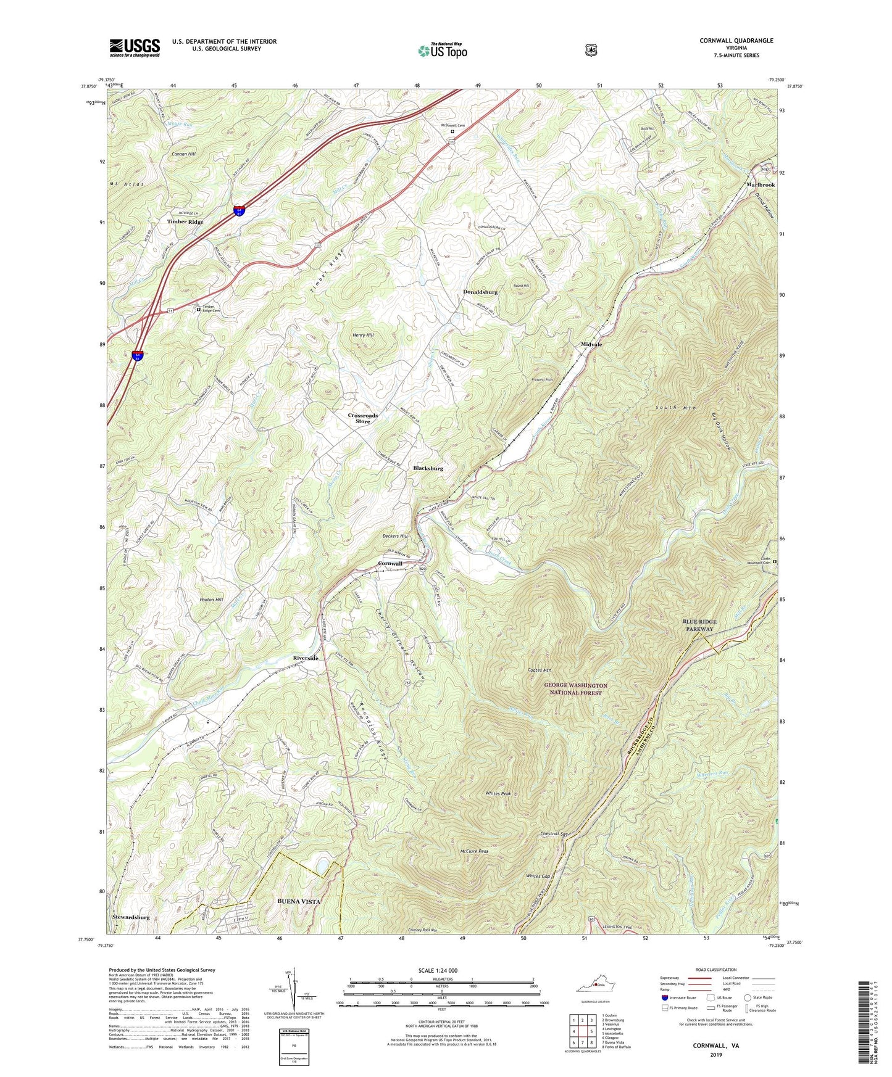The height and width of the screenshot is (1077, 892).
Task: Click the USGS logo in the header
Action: [x=135, y=47]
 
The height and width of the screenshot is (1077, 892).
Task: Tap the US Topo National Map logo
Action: [x=442, y=50]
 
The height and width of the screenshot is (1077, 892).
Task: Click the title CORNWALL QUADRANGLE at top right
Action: [x=736, y=41]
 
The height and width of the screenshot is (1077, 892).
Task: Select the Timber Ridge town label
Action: [x=185, y=221]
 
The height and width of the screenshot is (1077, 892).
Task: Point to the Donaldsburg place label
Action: [x=480, y=292]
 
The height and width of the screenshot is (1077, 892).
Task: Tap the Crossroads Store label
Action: [x=362, y=418]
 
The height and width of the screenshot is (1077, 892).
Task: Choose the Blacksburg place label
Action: [x=428, y=468]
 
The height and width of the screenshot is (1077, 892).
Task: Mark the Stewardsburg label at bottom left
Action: [x=131, y=917]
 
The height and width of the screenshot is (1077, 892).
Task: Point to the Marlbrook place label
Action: [x=760, y=185]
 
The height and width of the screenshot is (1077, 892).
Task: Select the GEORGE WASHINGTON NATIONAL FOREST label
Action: [x=575, y=689]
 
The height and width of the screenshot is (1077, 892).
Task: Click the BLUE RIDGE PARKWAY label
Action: [x=699, y=625]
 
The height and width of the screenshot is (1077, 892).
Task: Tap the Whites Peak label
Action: [x=498, y=793]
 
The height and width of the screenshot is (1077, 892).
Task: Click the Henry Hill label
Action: [x=363, y=335]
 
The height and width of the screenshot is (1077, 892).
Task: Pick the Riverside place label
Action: [x=306, y=658]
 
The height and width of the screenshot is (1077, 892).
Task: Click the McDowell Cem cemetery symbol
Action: [x=452, y=131]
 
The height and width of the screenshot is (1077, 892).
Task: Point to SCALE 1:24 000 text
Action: [x=441, y=970]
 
